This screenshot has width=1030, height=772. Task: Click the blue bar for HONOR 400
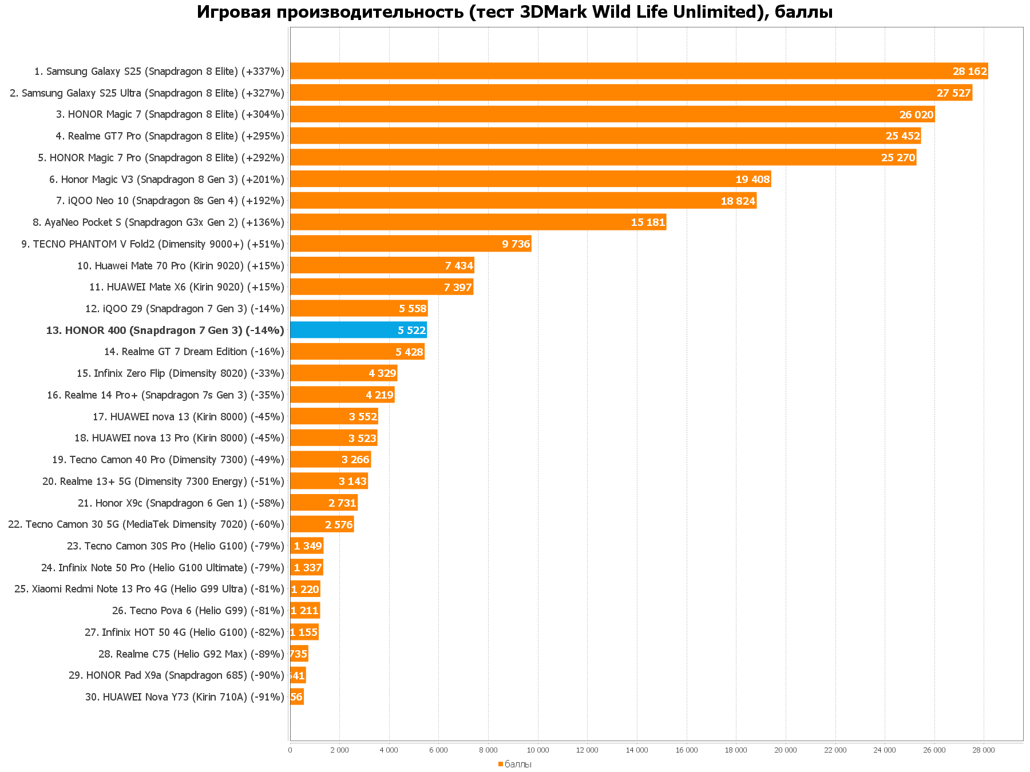358,330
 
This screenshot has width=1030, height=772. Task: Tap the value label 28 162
969,71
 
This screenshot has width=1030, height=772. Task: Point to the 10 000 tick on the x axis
538,750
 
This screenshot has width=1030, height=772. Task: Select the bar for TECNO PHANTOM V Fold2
410,244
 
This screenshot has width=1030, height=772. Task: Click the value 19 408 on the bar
752,180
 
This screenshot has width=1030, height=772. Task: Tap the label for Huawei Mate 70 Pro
181,265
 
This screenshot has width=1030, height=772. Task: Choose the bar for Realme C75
299,654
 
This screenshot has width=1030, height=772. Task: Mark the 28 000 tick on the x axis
984,750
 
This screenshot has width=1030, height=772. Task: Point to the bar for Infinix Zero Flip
343,373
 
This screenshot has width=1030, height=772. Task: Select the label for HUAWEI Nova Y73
185,697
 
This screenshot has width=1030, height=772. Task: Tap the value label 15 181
648,222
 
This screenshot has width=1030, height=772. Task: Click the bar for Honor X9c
323,503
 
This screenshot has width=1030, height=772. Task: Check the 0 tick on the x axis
290,750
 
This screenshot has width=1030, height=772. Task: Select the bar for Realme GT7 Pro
605,136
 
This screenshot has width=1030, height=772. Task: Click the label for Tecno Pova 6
198,611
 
